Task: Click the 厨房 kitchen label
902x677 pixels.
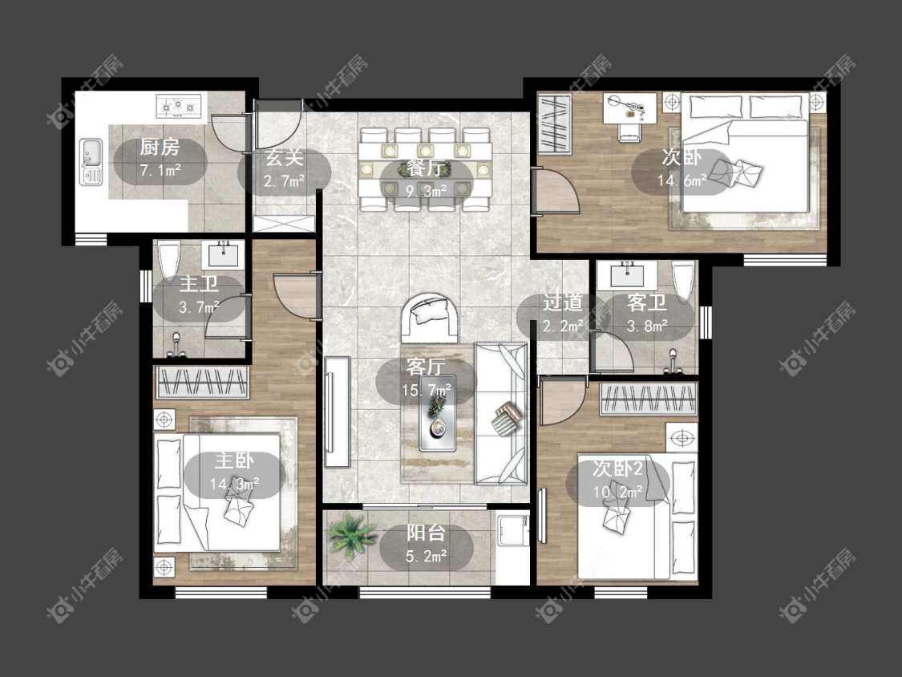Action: click(x=160, y=148)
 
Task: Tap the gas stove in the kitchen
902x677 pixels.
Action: click(x=179, y=107)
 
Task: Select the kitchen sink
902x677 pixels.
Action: click(x=91, y=162)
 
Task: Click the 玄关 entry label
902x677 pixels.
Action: click(x=284, y=157)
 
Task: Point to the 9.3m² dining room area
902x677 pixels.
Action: click(x=427, y=191)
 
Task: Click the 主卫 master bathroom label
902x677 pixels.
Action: click(x=199, y=284)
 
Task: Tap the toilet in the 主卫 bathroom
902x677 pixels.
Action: click(x=169, y=262)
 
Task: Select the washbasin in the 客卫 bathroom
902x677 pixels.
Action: click(x=627, y=274)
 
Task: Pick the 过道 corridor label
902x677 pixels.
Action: click(x=563, y=302)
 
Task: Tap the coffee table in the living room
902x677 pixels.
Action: click(x=438, y=413)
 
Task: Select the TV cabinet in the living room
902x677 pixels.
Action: click(x=337, y=412)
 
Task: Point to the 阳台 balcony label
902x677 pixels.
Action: click(x=426, y=532)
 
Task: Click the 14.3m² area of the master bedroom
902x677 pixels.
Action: click(x=234, y=484)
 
